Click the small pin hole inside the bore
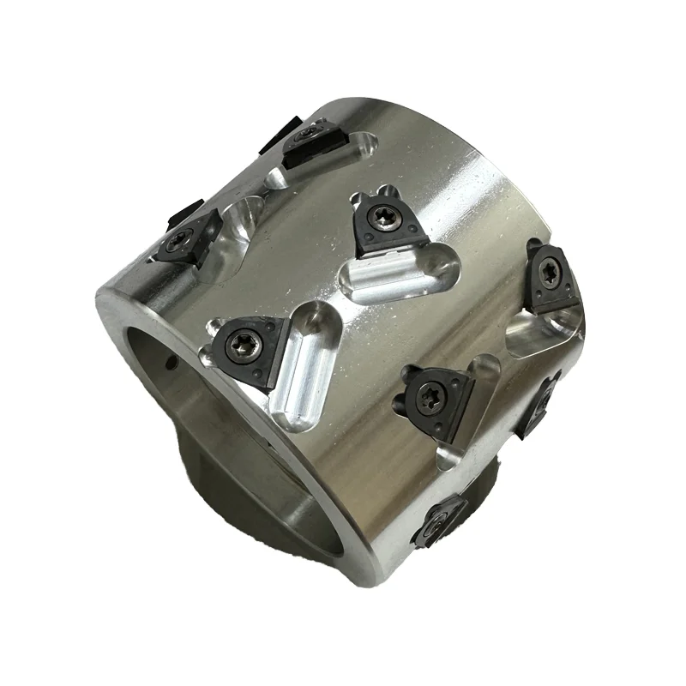click(170, 364)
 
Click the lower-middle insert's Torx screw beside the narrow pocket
click(428, 396)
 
